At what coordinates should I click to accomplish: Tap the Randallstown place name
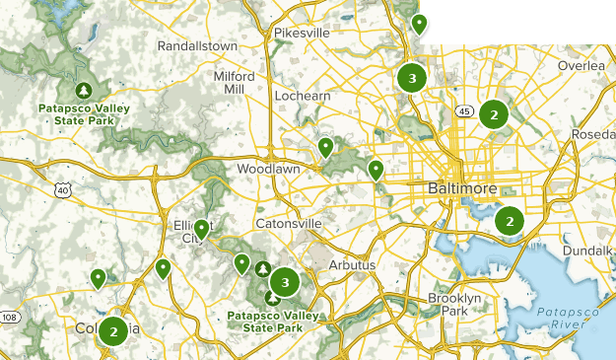click(197, 45)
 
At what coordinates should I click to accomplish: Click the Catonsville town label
click(288, 224)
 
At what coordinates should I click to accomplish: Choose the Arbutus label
click(352, 265)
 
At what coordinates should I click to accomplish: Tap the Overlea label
click(580, 65)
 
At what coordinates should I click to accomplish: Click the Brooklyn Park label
click(454, 304)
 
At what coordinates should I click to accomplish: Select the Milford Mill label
click(234, 82)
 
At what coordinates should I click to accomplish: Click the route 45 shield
click(461, 110)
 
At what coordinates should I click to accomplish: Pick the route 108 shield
click(9, 317)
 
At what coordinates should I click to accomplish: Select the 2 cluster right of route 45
click(493, 114)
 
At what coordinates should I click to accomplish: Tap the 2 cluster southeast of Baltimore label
click(509, 221)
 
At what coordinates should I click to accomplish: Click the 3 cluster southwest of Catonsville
click(285, 283)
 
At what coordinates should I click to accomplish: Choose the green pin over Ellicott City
click(201, 230)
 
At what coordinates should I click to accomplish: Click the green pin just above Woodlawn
click(325, 148)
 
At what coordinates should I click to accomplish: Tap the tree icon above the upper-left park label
click(85, 88)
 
